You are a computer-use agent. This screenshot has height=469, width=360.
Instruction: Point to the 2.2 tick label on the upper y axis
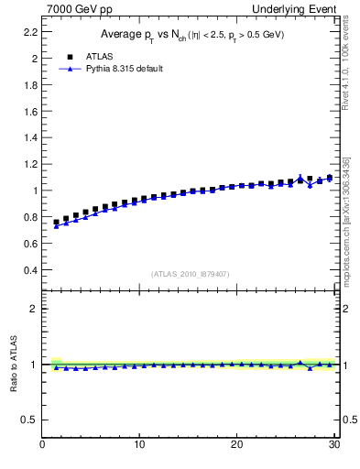point(29,31)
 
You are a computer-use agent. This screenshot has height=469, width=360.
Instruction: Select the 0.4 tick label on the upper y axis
point(29,270)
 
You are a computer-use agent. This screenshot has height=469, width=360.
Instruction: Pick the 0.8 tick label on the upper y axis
point(29,217)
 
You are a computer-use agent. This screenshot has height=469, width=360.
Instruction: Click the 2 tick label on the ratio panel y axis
point(34,309)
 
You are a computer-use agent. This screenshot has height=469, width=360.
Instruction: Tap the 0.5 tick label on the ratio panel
point(29,420)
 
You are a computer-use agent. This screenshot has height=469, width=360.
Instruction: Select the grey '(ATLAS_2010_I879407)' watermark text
point(191,273)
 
